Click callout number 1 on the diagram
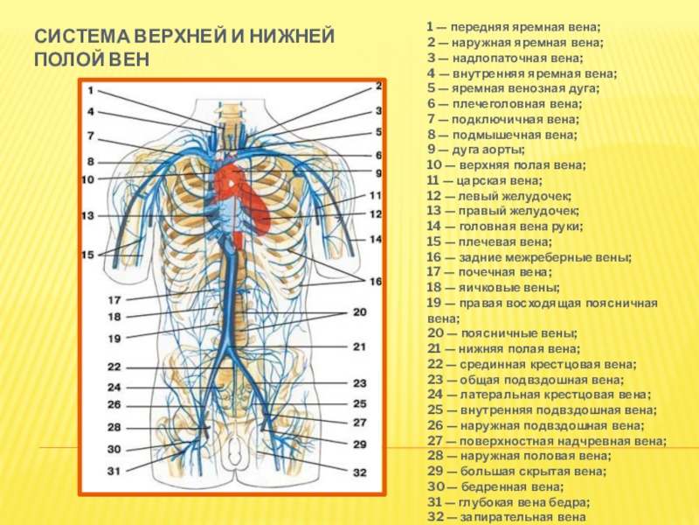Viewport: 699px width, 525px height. pyautogui.click(x=90, y=91)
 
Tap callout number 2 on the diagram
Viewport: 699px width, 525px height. pyautogui.click(x=378, y=86)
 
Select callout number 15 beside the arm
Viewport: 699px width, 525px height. pyautogui.click(x=88, y=254)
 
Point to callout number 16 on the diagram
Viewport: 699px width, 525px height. pyautogui.click(x=376, y=282)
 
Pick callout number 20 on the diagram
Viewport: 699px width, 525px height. pyautogui.click(x=359, y=311)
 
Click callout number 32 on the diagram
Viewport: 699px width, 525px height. pyautogui.click(x=360, y=472)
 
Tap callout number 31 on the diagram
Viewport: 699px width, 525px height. pyautogui.click(x=114, y=471)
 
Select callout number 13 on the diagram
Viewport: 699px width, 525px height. pyautogui.click(x=87, y=215)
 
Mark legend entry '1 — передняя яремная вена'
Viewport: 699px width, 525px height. pyautogui.click(x=514, y=29)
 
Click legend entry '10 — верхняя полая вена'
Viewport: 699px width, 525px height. pyautogui.click(x=506, y=166)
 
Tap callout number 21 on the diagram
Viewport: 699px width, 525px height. pyautogui.click(x=359, y=346)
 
